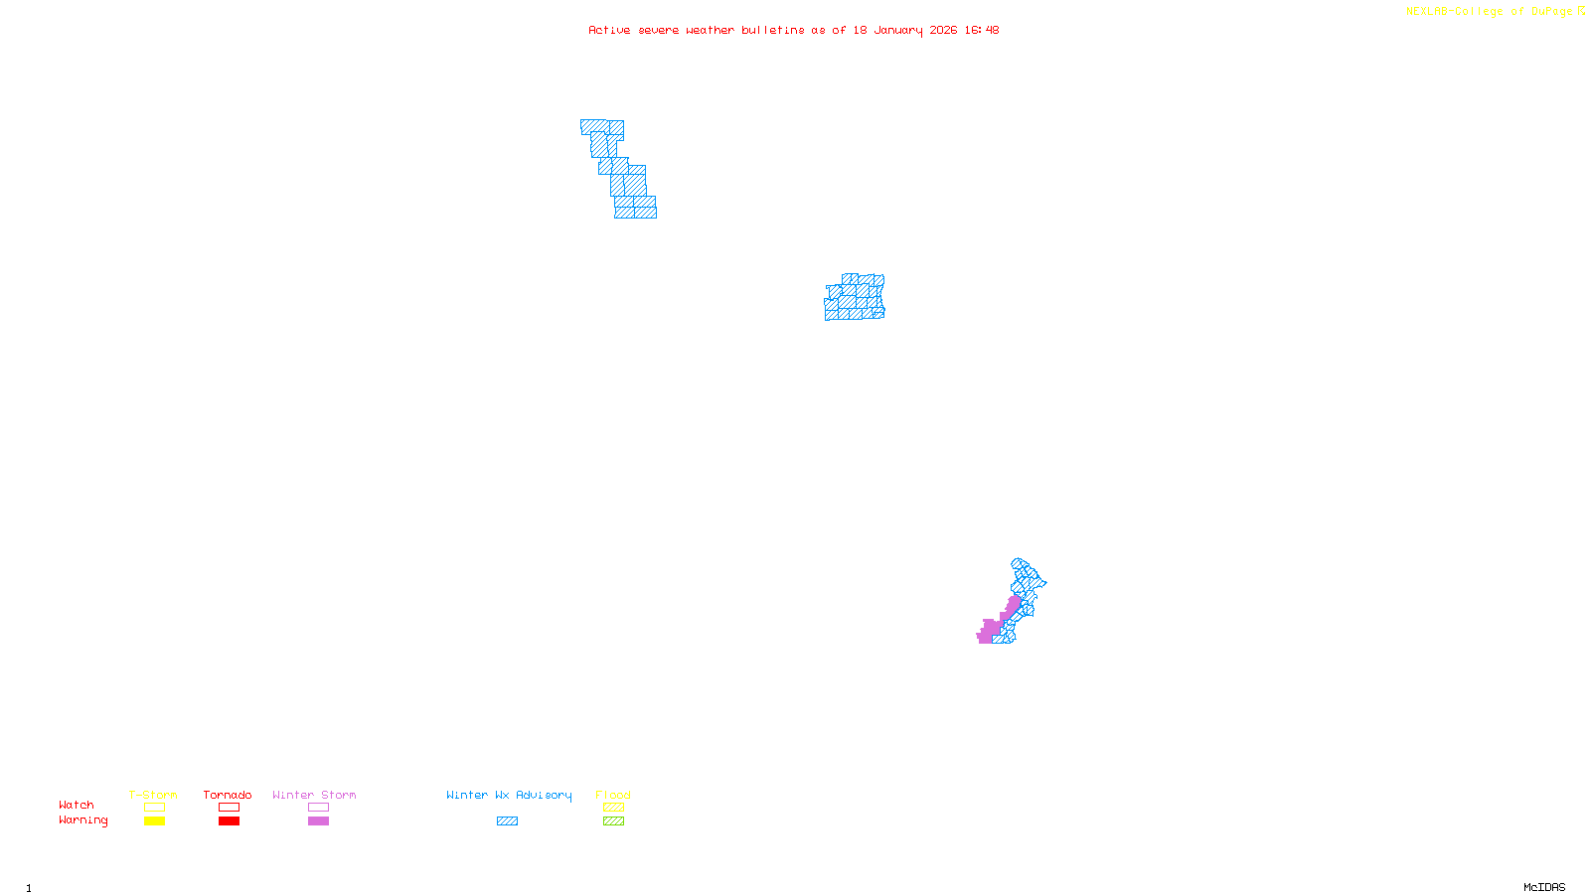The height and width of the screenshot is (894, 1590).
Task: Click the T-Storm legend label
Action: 153,795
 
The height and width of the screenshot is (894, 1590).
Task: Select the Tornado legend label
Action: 228,795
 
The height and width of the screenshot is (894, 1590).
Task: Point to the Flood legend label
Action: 613,795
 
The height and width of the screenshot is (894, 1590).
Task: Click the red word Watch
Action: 77,806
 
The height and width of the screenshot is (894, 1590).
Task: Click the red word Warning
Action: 83,820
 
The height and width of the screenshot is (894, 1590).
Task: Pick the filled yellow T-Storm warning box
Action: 154,821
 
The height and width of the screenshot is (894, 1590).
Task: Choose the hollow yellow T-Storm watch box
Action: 154,808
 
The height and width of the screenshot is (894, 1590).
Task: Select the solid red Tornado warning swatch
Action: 230,821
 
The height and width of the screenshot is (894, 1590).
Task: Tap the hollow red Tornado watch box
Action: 230,808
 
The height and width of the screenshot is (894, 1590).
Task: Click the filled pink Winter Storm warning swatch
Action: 318,821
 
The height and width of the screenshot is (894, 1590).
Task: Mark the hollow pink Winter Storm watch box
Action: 318,808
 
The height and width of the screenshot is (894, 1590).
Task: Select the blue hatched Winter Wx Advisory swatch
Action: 507,821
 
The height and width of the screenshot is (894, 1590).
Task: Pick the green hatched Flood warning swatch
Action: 613,821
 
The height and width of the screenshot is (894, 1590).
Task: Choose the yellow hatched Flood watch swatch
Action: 613,808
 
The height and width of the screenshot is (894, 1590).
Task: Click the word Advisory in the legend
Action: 544,795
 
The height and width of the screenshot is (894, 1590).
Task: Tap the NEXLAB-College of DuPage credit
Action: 1495,12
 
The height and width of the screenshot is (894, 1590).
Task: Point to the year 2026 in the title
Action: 943,30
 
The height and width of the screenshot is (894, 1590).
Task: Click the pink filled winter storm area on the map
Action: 991,630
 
